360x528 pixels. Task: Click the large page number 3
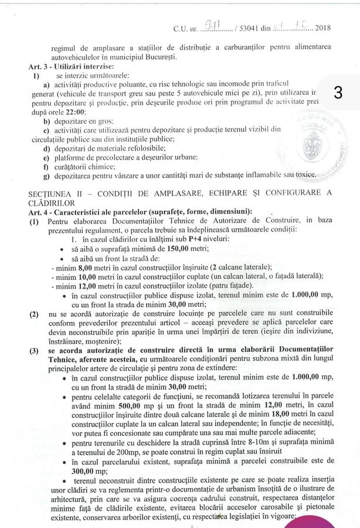[338, 94]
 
